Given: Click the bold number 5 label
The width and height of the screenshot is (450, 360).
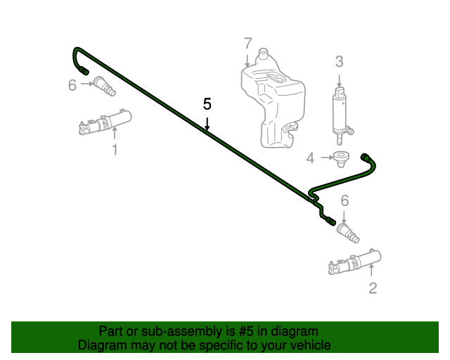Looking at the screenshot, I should [207, 104].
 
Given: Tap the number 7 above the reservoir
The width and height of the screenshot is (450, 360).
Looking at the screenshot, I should [247, 44].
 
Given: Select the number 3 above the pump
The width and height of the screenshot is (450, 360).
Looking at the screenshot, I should [339, 61].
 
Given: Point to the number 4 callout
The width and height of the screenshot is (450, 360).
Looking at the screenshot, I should [311, 158].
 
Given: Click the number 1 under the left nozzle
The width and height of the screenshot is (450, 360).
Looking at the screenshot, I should [115, 149].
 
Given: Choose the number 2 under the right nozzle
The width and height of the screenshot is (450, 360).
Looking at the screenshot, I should [373, 287].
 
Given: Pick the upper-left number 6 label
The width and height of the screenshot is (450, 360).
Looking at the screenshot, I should [72, 85].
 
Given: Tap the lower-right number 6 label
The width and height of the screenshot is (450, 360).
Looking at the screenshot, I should [344, 201].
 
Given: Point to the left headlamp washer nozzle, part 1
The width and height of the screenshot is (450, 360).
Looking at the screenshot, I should [105, 123].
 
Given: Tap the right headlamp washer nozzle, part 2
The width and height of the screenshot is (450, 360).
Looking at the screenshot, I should [355, 262].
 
